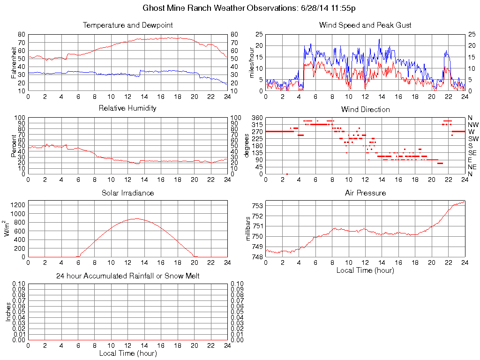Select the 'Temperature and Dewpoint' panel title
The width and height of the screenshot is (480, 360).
pyautogui.click(x=127, y=25)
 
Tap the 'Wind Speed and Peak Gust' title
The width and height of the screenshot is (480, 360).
pyautogui.click(x=365, y=25)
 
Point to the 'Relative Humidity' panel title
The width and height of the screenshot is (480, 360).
pyautogui.click(x=127, y=108)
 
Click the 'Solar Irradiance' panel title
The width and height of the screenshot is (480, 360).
pyautogui.click(x=127, y=193)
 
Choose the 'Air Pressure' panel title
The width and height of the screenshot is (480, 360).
pyautogui.click(x=365, y=193)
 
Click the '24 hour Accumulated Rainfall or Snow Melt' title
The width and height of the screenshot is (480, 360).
pyautogui.click(x=127, y=276)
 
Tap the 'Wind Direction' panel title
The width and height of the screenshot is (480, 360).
pyautogui.click(x=365, y=109)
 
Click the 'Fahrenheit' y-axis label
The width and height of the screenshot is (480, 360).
pyautogui.click(x=13, y=62)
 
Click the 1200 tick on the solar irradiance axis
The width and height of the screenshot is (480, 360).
pyautogui.click(x=18, y=205)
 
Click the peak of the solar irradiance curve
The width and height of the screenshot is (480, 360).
pyautogui.click(x=136, y=218)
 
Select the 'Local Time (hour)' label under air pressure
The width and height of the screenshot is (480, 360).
pyautogui.click(x=365, y=270)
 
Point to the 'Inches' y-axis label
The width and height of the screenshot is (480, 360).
pyautogui.click(x=8, y=312)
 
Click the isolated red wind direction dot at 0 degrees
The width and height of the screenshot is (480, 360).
pyautogui.click(x=287, y=174)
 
